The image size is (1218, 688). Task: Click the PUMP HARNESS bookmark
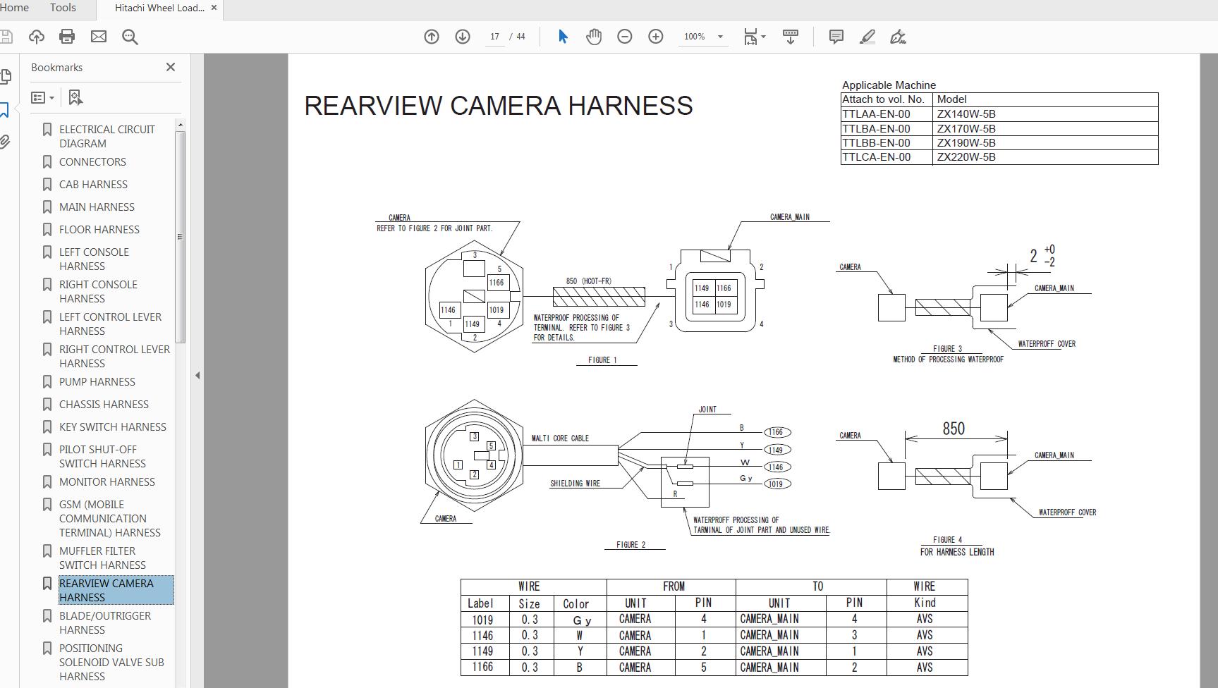click(97, 382)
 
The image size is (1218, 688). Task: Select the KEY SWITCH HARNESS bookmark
click(112, 427)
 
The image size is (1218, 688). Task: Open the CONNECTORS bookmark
click(92, 162)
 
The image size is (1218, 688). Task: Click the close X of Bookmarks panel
click(170, 67)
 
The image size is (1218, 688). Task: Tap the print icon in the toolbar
click(67, 37)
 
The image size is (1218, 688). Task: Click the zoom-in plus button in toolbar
click(655, 37)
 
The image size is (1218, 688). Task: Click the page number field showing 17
click(494, 37)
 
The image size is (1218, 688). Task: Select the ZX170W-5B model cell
click(966, 129)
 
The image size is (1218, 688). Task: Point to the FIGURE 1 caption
click(602, 360)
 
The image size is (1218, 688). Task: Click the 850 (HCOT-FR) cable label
click(589, 281)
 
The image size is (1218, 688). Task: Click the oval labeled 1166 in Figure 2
click(776, 432)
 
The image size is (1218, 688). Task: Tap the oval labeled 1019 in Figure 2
click(776, 484)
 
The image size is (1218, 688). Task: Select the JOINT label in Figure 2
click(707, 410)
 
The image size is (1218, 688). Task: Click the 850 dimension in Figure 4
click(953, 429)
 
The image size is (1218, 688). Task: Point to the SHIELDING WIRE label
click(575, 484)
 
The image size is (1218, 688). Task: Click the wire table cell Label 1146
click(482, 636)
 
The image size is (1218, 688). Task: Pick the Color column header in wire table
click(575, 604)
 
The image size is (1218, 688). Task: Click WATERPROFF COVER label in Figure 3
click(1047, 344)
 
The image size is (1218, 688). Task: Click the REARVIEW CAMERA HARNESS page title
click(498, 106)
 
